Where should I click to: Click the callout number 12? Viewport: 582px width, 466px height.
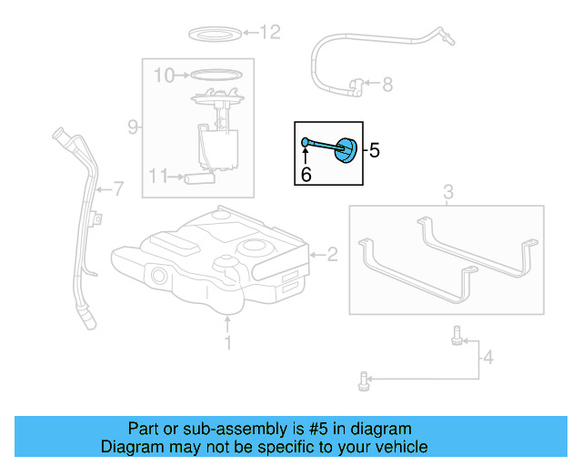[x=271, y=34]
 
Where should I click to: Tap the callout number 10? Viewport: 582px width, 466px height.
[x=164, y=75]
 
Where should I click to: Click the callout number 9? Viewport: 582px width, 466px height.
[x=133, y=127]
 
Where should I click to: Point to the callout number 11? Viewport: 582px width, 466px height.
[x=159, y=177]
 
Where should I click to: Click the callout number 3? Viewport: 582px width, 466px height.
[x=447, y=192]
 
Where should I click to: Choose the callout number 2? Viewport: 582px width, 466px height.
[x=332, y=255]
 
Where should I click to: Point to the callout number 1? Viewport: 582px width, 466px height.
[x=228, y=343]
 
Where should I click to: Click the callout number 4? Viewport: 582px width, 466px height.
[x=487, y=358]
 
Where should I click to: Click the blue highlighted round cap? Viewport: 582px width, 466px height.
[x=346, y=150]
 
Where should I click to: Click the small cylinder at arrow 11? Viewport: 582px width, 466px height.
[x=198, y=177]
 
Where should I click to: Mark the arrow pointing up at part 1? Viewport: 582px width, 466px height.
[x=228, y=322]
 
